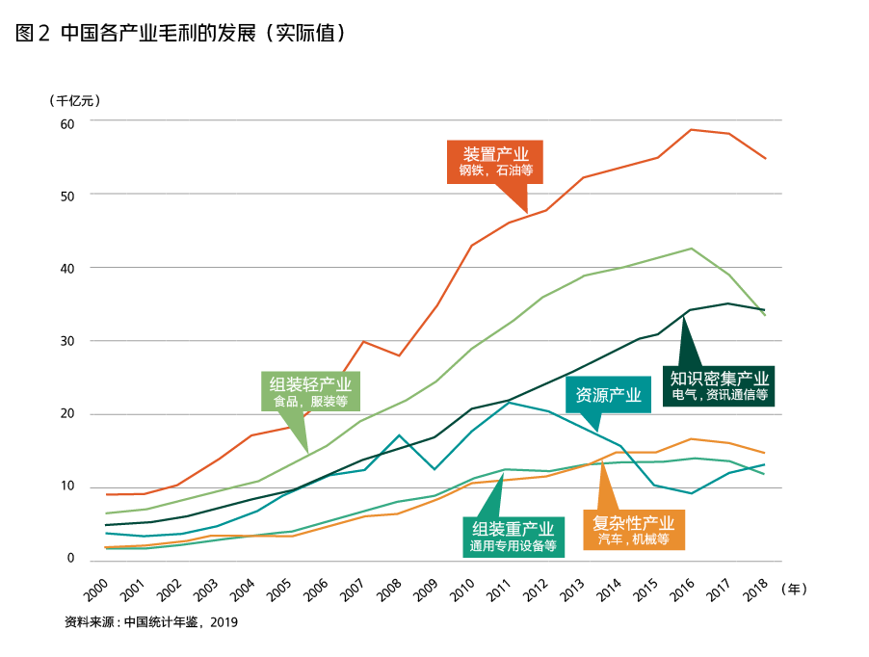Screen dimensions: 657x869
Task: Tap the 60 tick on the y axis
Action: pos(66,123)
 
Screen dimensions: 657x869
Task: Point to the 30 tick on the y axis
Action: pos(66,341)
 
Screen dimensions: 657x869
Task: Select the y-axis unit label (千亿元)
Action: pos(73,99)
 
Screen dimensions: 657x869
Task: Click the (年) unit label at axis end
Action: pos(793,587)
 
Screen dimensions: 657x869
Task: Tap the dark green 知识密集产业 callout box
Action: pos(720,384)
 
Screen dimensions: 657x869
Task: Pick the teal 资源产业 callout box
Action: pos(608,395)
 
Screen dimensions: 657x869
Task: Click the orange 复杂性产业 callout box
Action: pos(633,530)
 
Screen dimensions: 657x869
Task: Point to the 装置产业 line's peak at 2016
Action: pos(692,129)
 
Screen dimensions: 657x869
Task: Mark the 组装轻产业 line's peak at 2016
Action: pos(692,249)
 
